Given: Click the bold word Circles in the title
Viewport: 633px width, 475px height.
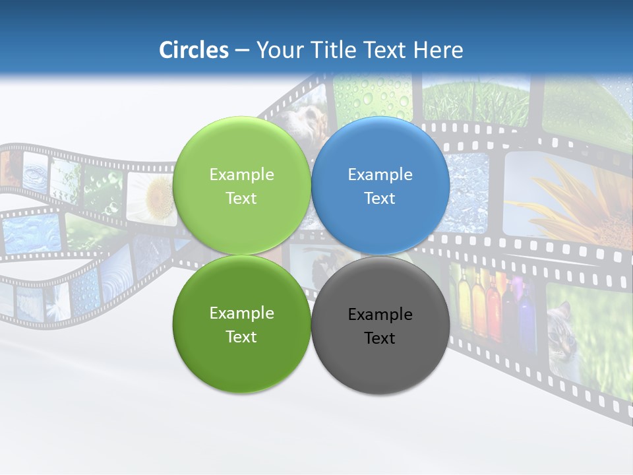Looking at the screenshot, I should click(x=194, y=50).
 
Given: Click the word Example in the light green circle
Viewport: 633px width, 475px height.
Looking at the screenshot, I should click(x=241, y=175).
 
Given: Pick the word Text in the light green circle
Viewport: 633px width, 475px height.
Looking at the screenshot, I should click(x=241, y=199).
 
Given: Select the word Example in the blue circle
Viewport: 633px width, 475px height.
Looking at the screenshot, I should click(x=380, y=175).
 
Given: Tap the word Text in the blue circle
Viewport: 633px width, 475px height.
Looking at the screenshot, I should click(x=380, y=199).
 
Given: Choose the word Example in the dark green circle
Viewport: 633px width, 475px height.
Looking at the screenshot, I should click(x=241, y=313).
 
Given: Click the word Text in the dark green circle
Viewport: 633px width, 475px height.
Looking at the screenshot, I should click(x=241, y=337).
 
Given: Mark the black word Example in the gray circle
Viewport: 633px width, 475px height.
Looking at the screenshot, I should click(x=380, y=315).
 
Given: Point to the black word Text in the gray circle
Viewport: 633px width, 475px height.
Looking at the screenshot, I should click(x=380, y=338).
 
